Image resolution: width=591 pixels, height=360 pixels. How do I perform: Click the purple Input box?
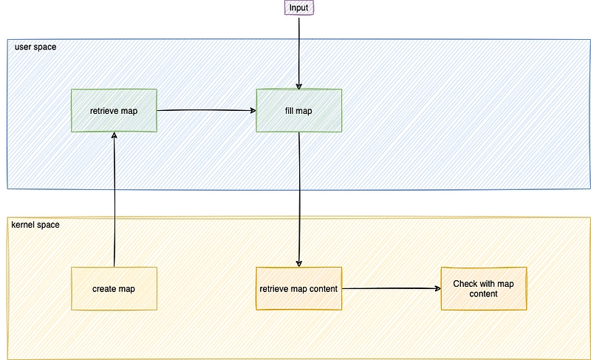[x=299, y=7]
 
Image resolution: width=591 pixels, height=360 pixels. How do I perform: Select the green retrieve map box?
[x=114, y=110]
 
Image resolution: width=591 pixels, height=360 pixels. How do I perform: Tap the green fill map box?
[x=299, y=110]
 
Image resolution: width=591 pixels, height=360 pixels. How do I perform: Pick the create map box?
[x=114, y=289]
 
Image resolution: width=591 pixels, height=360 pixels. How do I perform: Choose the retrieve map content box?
[x=299, y=289]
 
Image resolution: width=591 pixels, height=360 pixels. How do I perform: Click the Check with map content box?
[x=484, y=289]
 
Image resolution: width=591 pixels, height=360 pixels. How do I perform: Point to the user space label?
[x=35, y=47]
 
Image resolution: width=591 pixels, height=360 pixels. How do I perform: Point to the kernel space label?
[x=35, y=225]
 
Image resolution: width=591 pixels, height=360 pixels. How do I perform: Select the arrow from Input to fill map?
[x=299, y=52]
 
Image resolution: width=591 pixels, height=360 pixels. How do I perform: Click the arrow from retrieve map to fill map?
[x=207, y=110]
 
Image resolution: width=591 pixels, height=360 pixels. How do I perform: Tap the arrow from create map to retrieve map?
[x=115, y=200]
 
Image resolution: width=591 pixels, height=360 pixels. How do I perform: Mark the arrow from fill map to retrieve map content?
[x=299, y=200]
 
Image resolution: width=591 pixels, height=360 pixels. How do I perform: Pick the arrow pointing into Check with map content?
[x=392, y=288]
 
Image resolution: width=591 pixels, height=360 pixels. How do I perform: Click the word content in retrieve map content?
[x=324, y=289]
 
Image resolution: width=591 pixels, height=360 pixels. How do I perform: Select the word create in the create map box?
[x=103, y=289]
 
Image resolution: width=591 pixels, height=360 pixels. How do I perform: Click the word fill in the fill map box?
[x=289, y=111]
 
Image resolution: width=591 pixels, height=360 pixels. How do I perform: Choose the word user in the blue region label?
[x=22, y=47]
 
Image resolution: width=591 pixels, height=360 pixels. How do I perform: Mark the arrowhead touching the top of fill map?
[x=299, y=86]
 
